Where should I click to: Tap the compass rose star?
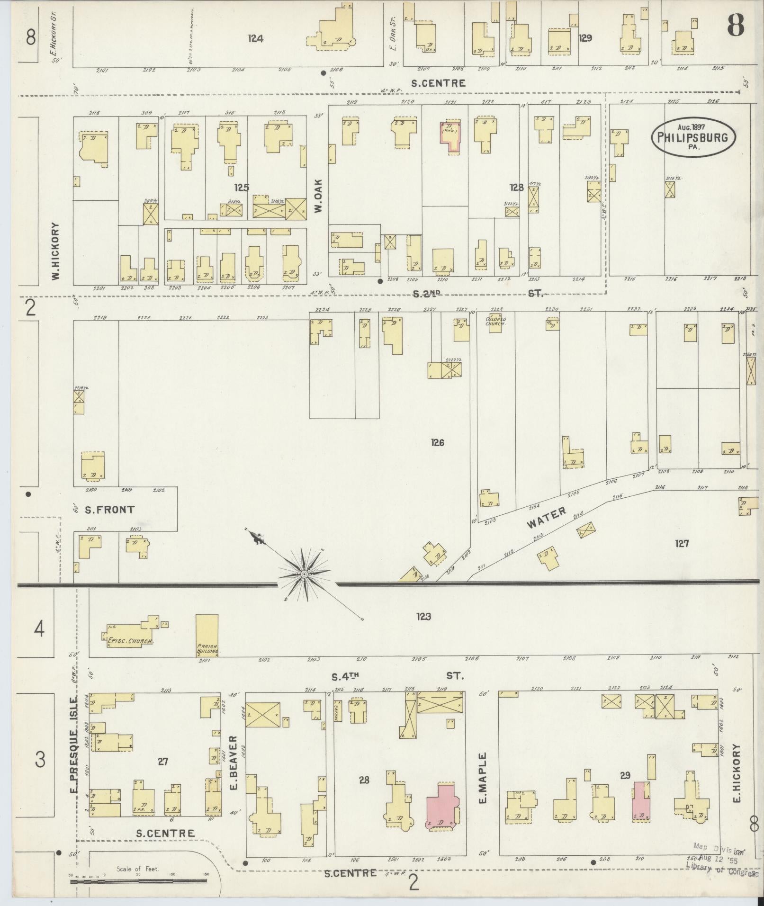tap(305, 574)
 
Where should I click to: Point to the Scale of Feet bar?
tap(138, 881)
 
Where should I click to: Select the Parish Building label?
tap(207, 648)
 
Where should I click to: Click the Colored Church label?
tap(495, 321)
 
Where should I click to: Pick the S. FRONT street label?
tap(109, 510)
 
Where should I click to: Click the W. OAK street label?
tap(318, 195)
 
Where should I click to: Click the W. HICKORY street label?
tap(56, 251)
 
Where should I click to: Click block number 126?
tap(437, 443)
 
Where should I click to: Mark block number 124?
tap(255, 39)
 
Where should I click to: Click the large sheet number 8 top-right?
tap(736, 25)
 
